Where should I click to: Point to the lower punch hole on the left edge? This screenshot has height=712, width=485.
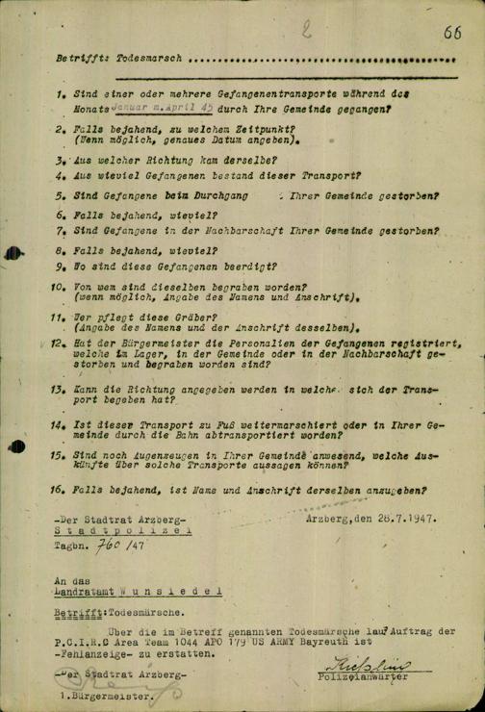[20, 445]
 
